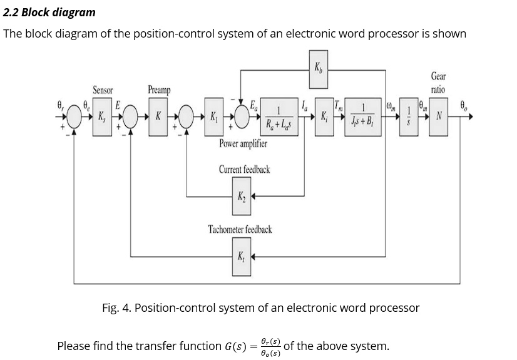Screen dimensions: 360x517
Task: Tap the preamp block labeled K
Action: (158, 116)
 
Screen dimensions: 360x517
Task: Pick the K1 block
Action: (213, 116)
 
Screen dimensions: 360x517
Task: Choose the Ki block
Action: (324, 116)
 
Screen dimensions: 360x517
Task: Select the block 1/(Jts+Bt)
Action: (363, 116)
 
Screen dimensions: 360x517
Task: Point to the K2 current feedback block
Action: (241, 196)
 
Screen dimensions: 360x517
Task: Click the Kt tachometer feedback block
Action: (241, 256)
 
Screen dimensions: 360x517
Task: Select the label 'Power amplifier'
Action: (243, 143)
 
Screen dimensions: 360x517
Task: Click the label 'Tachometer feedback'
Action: (240, 230)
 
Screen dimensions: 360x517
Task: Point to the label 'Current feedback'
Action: (244, 170)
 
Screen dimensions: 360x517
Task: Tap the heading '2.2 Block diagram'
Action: (49, 12)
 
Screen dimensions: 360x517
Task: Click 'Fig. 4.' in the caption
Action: (116, 308)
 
